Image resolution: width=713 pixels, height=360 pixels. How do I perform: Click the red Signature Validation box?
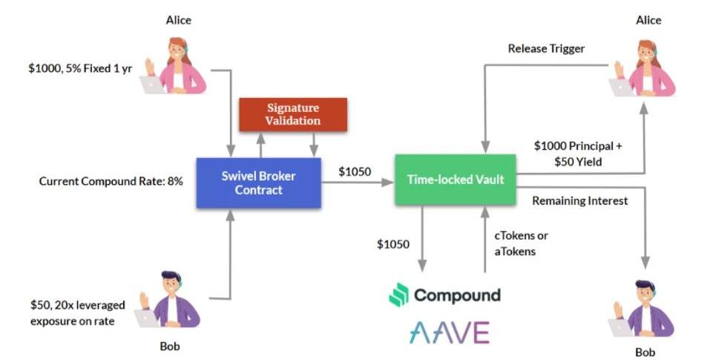click(x=293, y=115)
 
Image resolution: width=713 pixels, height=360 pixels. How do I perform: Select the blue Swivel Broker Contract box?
click(x=258, y=183)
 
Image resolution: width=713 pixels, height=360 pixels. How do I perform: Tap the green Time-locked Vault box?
click(x=455, y=180)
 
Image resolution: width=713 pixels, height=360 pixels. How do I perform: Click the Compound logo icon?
click(x=399, y=295)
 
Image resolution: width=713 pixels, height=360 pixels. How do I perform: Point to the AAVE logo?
click(x=450, y=331)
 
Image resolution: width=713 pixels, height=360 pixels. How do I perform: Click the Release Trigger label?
click(x=546, y=49)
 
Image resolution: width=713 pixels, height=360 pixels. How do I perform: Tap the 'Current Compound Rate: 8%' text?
click(x=111, y=180)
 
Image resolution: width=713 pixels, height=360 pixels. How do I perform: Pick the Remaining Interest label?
click(x=580, y=200)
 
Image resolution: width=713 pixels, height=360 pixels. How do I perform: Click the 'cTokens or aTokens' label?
click(x=522, y=243)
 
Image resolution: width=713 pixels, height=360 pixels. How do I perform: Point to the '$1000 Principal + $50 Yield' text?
click(x=578, y=154)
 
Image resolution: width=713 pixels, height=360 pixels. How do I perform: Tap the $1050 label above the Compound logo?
click(x=392, y=243)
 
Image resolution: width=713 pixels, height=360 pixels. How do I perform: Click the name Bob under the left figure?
click(x=170, y=346)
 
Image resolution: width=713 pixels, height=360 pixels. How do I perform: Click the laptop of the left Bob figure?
click(x=148, y=318)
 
